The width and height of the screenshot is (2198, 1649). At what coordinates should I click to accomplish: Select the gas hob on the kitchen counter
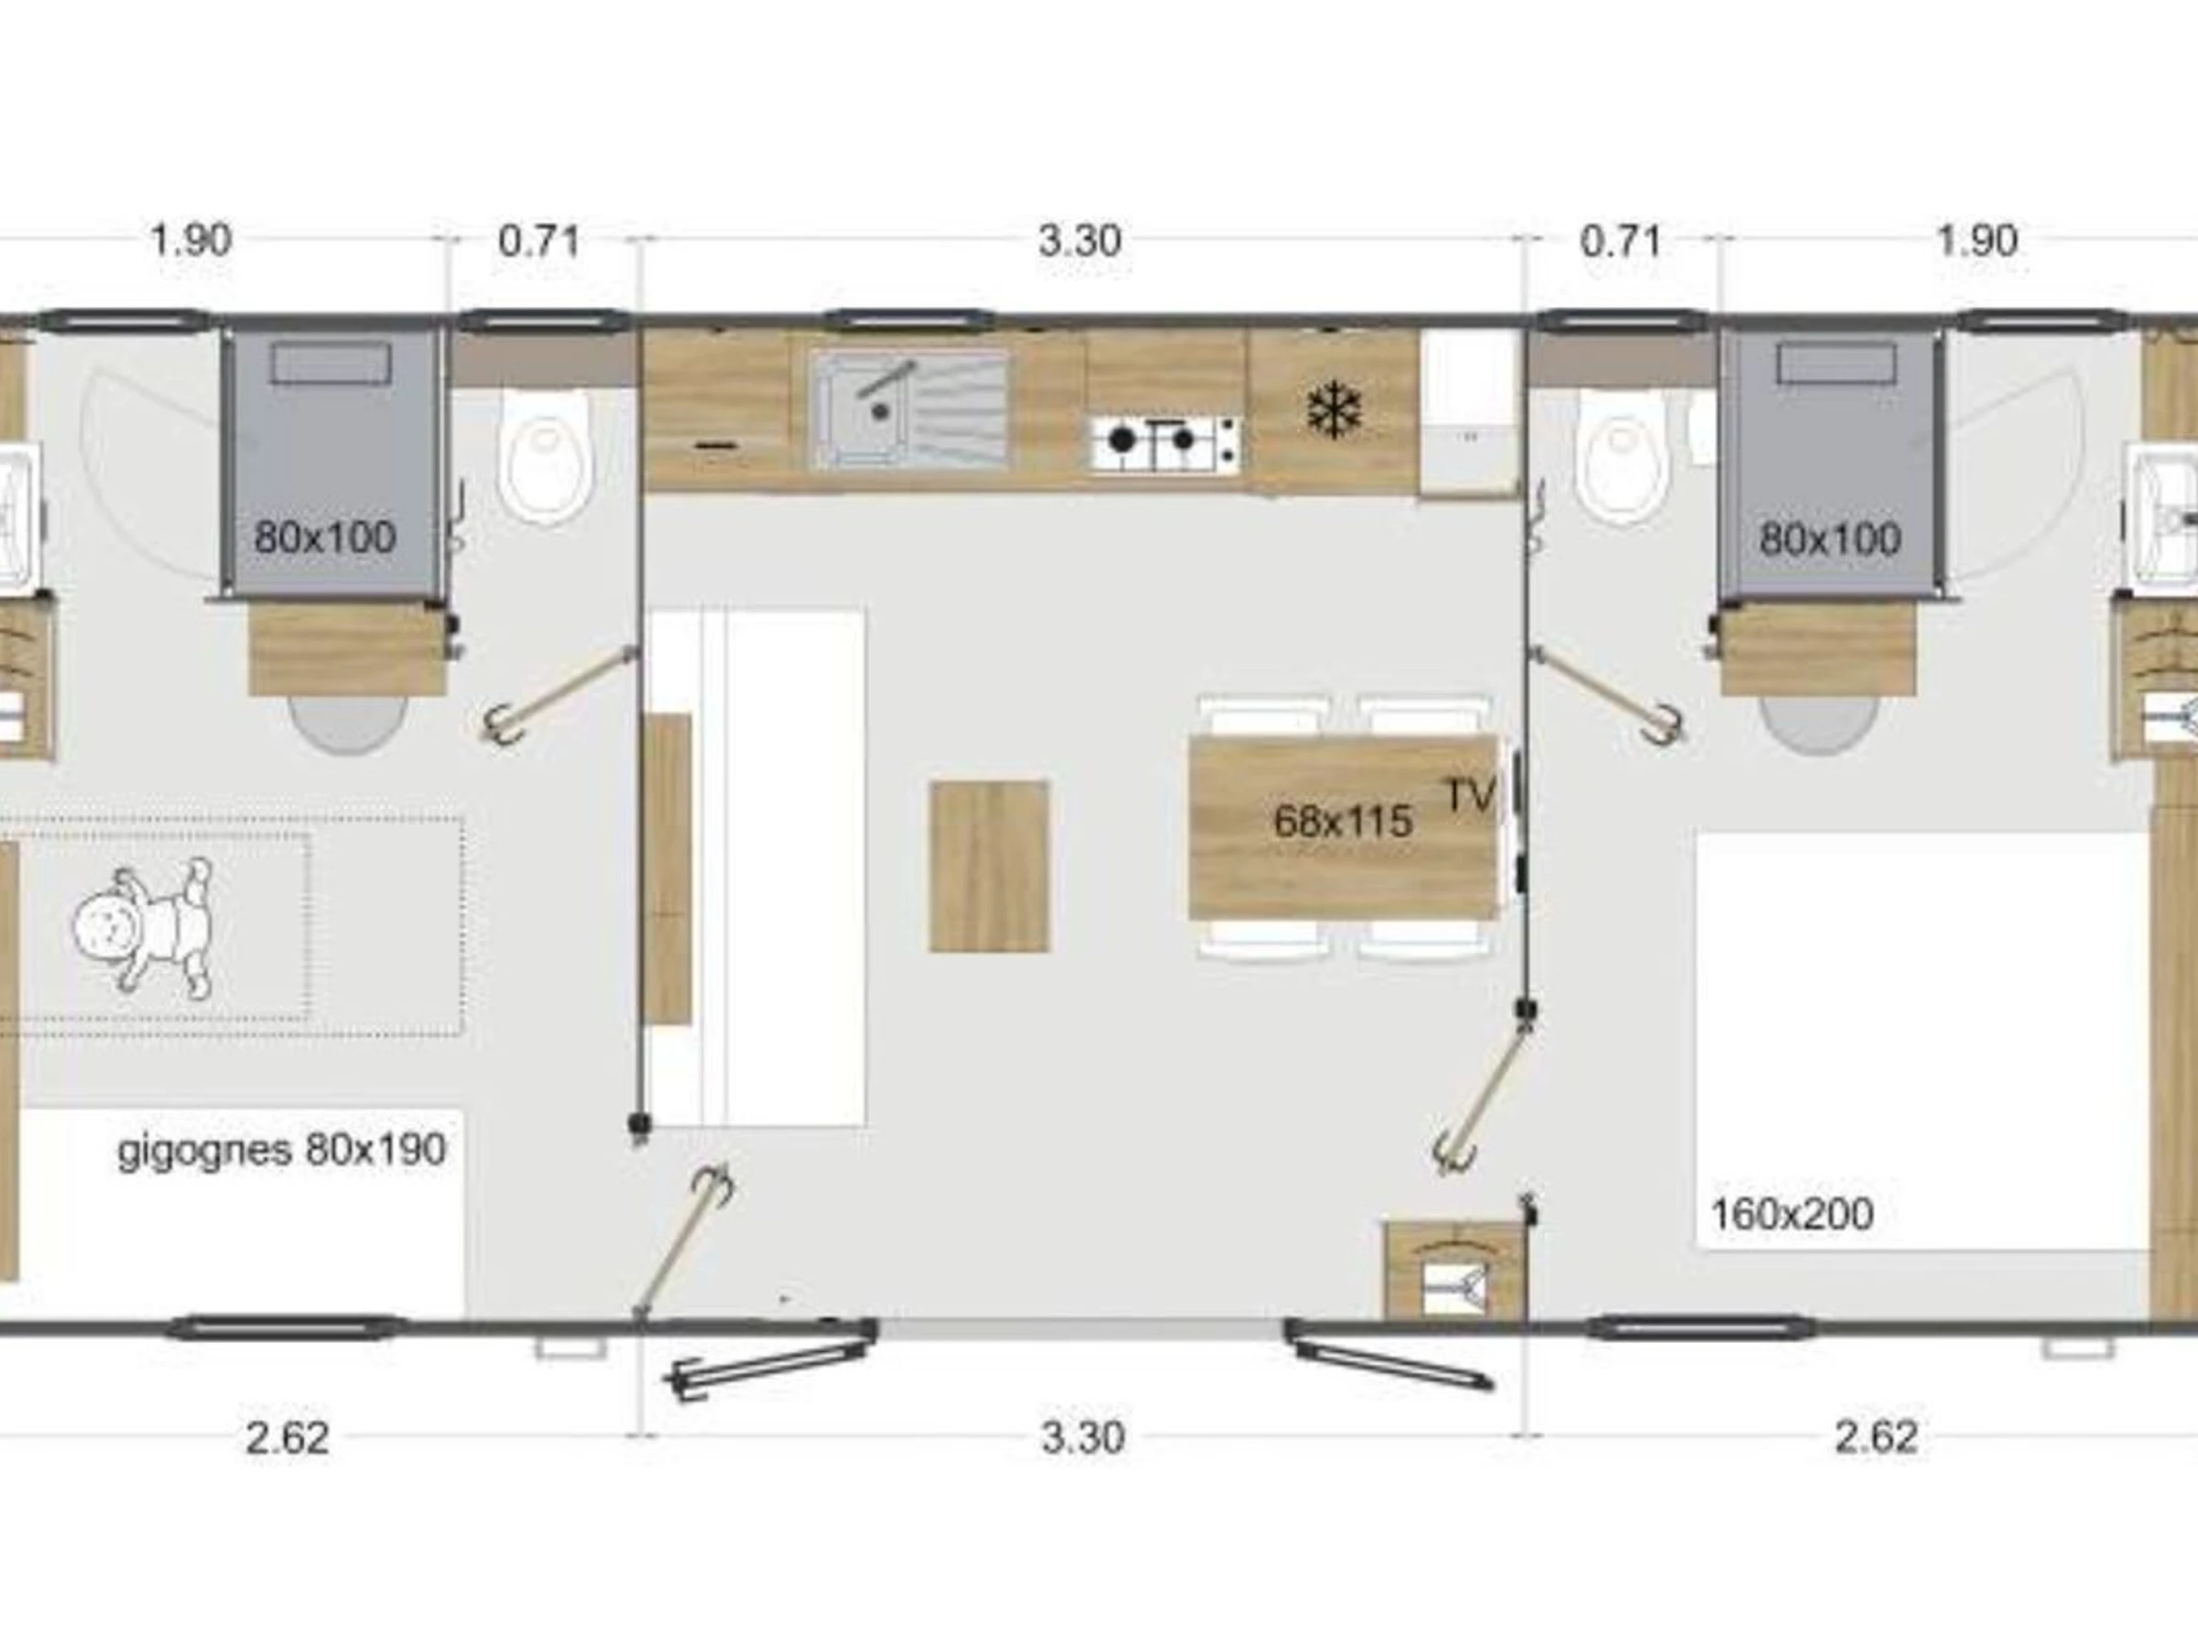tap(1166, 443)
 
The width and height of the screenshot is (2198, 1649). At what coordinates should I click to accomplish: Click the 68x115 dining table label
tap(1343, 821)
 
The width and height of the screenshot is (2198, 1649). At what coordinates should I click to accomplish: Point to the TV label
tap(1471, 794)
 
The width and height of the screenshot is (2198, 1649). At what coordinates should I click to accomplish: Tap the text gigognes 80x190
tap(282, 1150)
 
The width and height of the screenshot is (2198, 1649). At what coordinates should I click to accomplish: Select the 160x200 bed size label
tap(1791, 1214)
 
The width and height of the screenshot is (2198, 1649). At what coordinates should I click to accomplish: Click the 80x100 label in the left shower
tap(325, 537)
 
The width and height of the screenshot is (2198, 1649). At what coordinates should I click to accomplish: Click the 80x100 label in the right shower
tap(1829, 539)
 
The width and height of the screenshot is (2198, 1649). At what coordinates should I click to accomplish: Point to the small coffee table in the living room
tap(989, 866)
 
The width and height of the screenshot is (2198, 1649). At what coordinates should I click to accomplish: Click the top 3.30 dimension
tap(1079, 241)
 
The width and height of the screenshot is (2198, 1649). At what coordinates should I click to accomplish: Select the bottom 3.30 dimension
tap(1083, 1437)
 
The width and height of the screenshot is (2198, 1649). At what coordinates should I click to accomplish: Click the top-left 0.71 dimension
tap(539, 241)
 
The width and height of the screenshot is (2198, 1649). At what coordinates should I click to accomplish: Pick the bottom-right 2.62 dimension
tap(1875, 1437)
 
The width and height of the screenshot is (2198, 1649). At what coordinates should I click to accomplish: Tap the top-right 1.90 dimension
tap(1977, 241)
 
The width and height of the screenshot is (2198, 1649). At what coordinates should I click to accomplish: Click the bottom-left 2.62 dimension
tap(288, 1437)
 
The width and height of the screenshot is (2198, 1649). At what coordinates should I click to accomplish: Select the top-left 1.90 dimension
tap(190, 241)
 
